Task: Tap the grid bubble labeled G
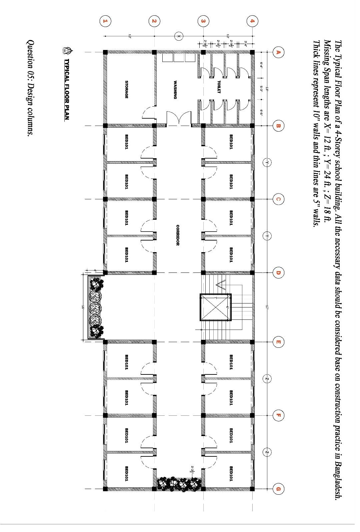click(278, 489)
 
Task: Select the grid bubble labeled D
click(278, 273)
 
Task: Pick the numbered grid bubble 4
click(252, 21)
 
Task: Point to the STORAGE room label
click(127, 89)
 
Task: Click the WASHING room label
click(175, 90)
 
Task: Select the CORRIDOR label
click(178, 235)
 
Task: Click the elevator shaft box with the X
click(215, 307)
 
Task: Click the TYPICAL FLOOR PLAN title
click(66, 89)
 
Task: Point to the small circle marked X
click(179, 36)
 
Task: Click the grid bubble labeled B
click(278, 126)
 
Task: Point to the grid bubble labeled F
click(278, 415)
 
